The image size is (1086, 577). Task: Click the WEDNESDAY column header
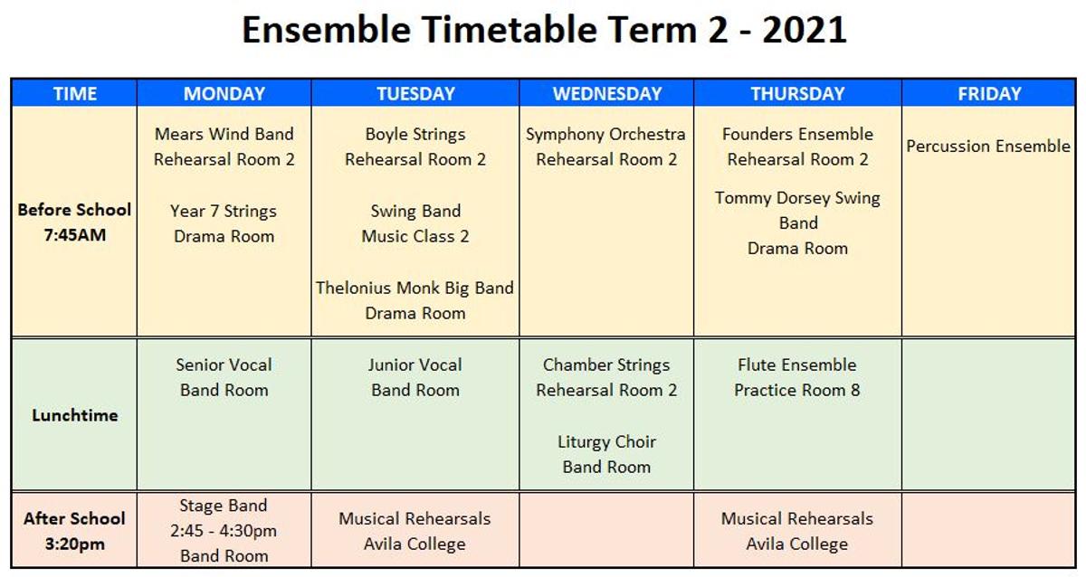[x=607, y=93]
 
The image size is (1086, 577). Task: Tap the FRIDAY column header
[x=989, y=93]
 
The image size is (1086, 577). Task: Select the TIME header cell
[x=74, y=93]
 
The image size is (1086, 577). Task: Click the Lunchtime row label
[x=74, y=415]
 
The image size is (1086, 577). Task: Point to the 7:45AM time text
[x=74, y=235]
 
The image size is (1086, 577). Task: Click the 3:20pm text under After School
[x=74, y=544]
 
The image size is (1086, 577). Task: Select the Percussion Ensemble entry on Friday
[x=988, y=146]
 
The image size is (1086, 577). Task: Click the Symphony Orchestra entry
[x=605, y=134]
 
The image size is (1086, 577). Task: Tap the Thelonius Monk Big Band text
[x=414, y=288]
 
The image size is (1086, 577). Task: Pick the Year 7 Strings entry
[x=224, y=212]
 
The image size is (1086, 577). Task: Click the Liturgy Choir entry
[x=606, y=442]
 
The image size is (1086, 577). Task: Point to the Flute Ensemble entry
[x=797, y=364]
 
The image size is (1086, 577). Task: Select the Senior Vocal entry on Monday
[x=224, y=364]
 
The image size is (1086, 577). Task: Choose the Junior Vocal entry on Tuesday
[x=415, y=364]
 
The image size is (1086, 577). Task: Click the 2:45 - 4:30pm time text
[x=224, y=531]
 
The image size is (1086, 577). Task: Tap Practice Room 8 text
[x=797, y=390]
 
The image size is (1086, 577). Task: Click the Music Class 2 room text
[x=415, y=236]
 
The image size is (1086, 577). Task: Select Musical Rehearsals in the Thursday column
[x=797, y=518]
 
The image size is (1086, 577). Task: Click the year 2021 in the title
[x=805, y=30]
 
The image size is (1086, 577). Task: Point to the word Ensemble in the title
[x=327, y=30]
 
